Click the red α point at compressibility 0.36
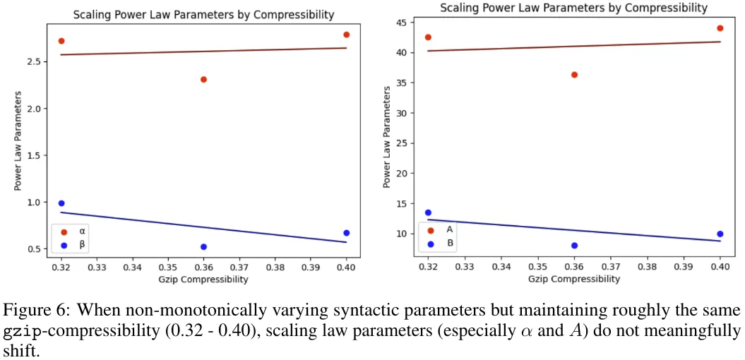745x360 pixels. (x=203, y=79)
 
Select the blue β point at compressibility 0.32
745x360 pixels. (x=61, y=203)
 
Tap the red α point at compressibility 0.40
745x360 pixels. (x=346, y=35)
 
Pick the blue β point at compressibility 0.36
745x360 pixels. (x=203, y=247)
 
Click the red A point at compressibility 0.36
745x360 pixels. (x=574, y=75)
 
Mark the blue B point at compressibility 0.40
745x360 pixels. (x=720, y=234)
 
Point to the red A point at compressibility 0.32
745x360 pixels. (x=428, y=37)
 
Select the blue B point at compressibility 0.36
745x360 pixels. (x=574, y=246)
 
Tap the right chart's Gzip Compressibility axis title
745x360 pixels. (x=574, y=280)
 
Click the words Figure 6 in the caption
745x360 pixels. (x=29, y=311)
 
